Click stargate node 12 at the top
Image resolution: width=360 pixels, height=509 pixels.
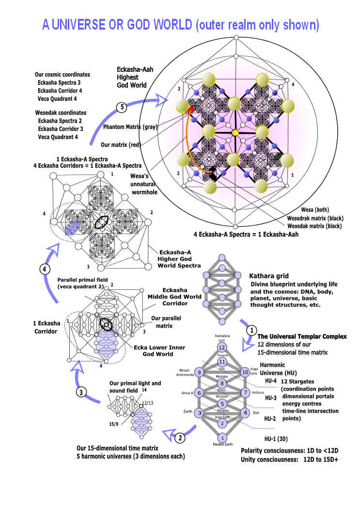coord(222,348)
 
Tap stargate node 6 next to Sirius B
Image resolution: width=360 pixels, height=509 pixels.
coord(199,392)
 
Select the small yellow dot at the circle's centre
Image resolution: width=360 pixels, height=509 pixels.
coord(235,132)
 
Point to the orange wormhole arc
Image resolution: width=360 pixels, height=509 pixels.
coord(187,145)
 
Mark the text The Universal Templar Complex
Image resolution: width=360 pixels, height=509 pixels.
coord(302,336)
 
